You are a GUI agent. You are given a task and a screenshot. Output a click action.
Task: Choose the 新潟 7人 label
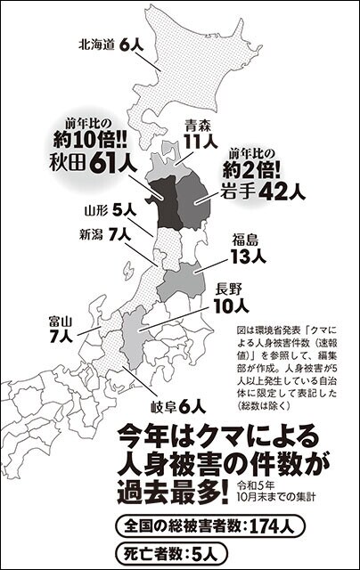click(104, 234)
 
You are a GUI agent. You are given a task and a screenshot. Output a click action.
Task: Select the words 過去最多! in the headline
click(169, 488)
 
